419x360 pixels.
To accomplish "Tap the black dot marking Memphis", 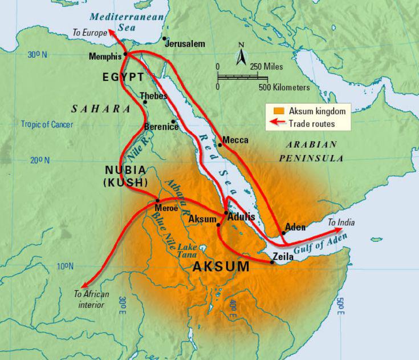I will point(125,55).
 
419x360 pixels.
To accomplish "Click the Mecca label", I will point(235,140).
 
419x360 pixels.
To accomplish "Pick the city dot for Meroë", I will point(157,200).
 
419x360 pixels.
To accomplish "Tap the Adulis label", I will point(241,217).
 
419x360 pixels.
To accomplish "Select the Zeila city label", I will point(284,257).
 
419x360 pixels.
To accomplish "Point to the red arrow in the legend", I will point(278,123).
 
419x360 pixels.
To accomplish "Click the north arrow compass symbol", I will point(241,55).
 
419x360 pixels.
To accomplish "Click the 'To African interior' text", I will point(89,300).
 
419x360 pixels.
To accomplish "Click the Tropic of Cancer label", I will point(47,124).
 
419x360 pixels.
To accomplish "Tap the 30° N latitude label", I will point(36,54).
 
